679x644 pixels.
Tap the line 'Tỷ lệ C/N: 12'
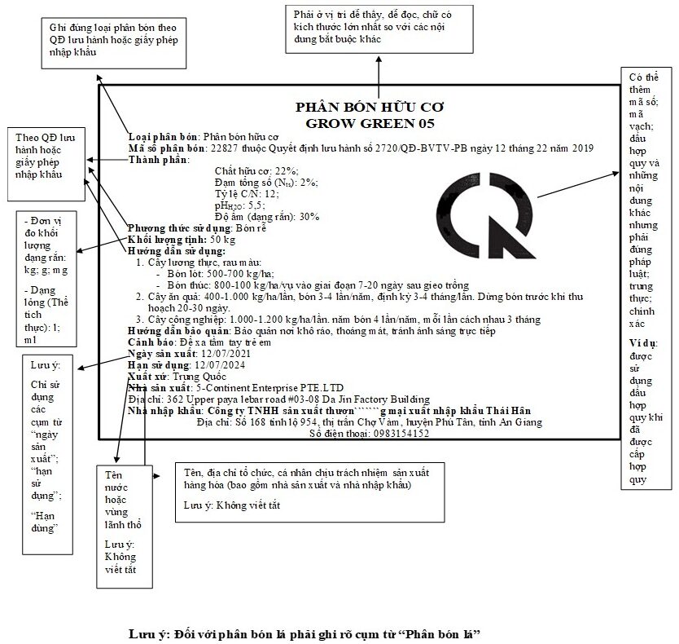[x=245, y=193]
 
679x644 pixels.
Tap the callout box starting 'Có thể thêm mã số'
[x=647, y=277]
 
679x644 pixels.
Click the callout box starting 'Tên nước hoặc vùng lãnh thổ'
[x=122, y=521]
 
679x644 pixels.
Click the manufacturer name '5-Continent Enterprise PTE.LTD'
[x=253, y=387]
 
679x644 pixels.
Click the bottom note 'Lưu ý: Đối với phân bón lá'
[x=305, y=634]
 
